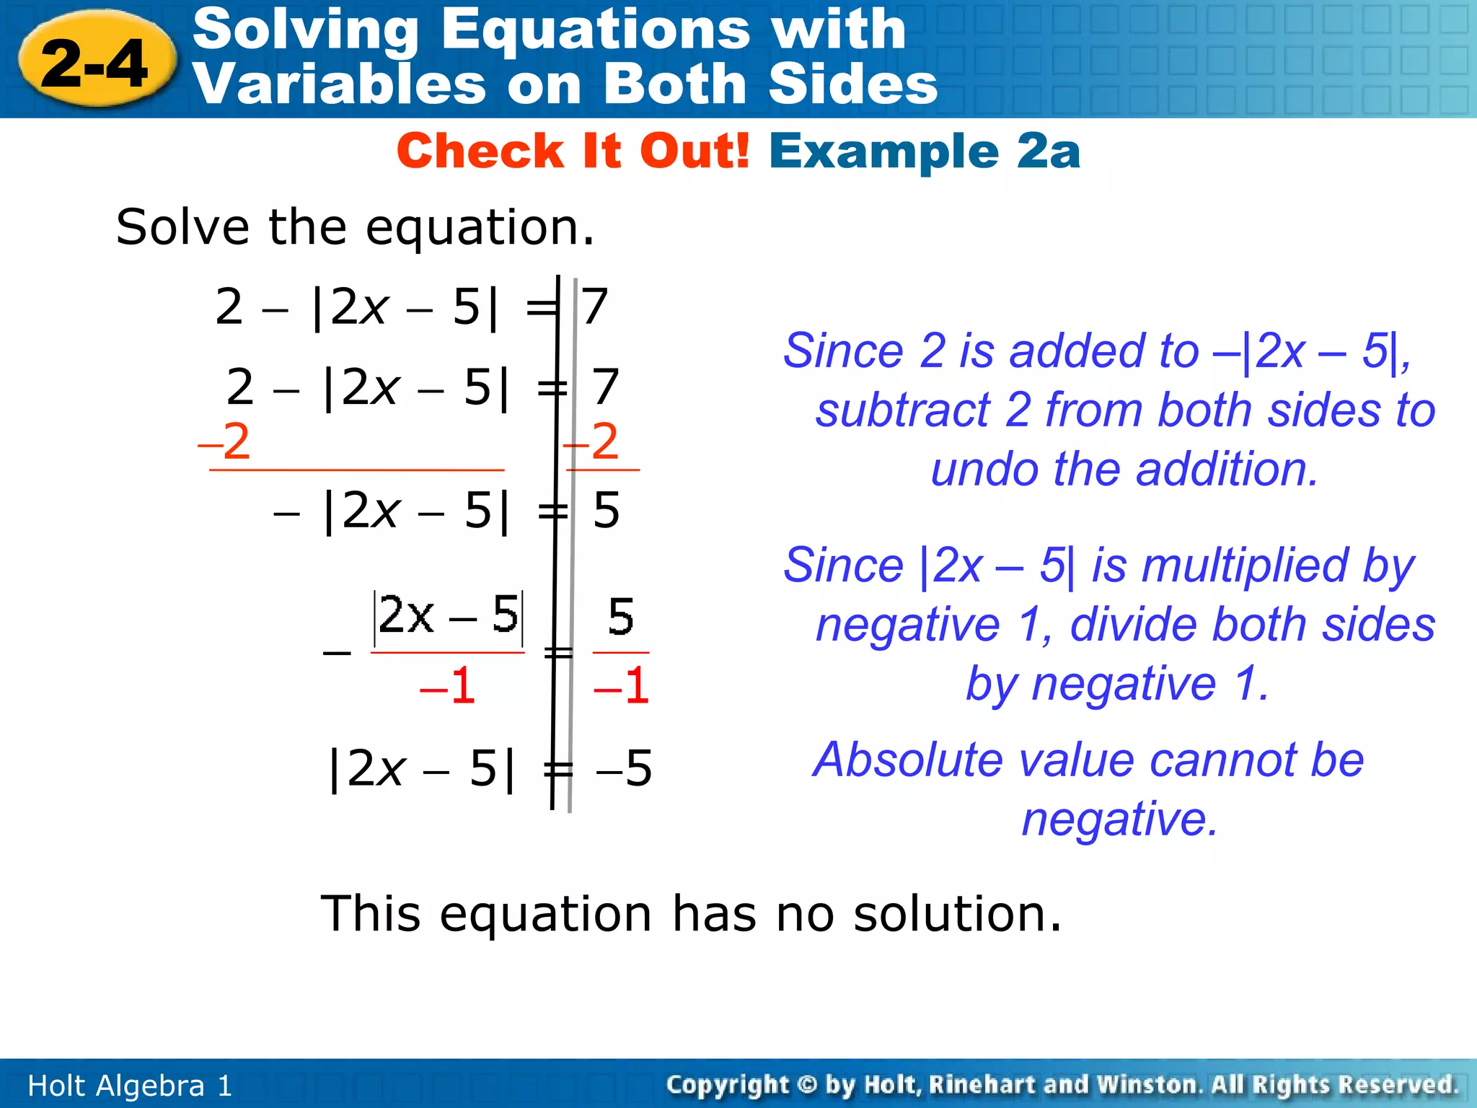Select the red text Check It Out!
[x=573, y=151]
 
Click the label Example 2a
[x=925, y=151]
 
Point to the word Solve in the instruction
[x=182, y=228]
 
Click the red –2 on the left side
[x=225, y=441]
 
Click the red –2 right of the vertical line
[x=592, y=441]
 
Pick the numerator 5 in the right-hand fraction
[x=621, y=617]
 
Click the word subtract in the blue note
[x=902, y=411]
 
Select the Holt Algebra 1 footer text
[x=130, y=1086]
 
